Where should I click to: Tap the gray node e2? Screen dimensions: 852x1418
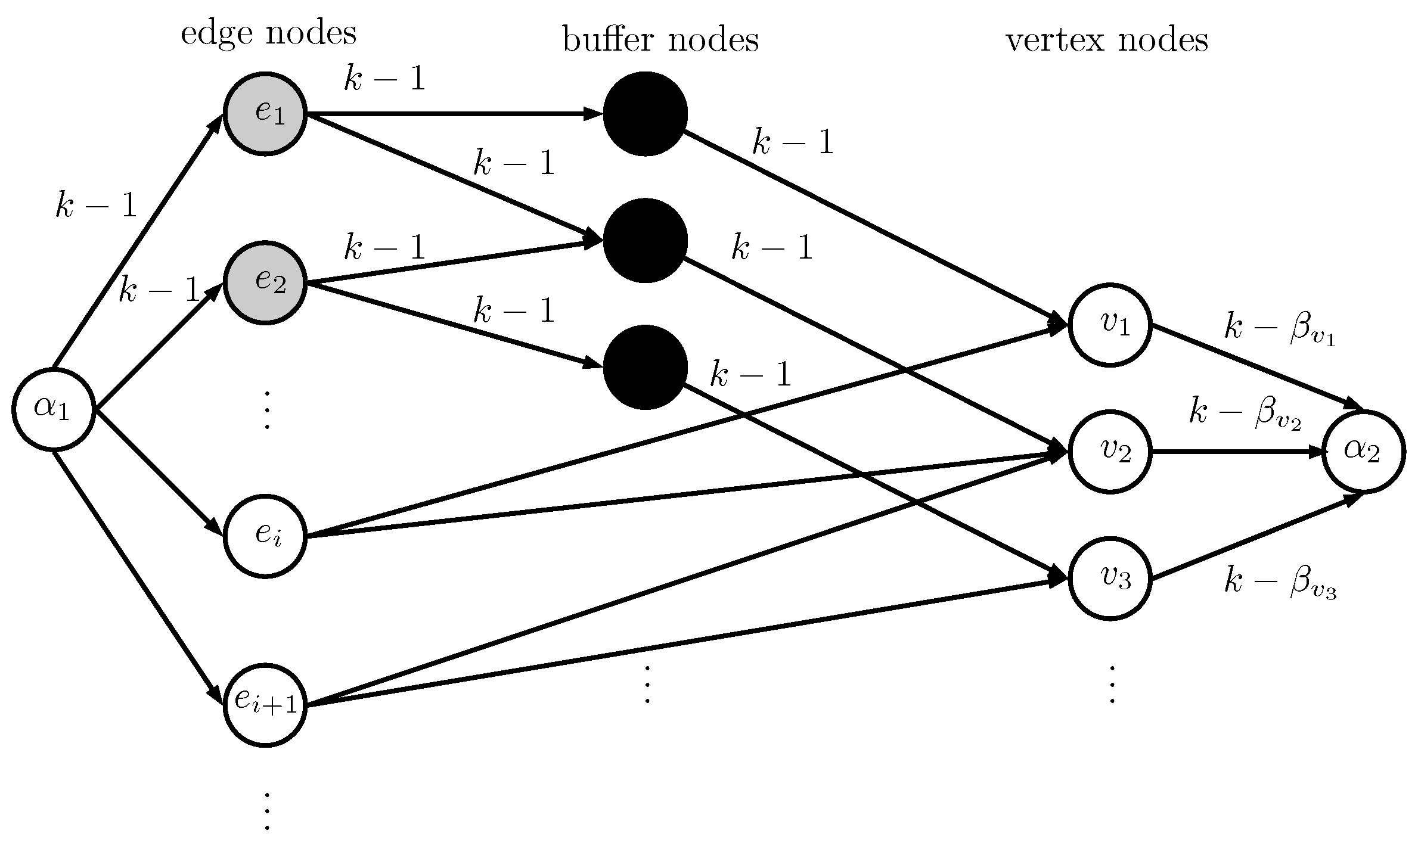pyautogui.click(x=265, y=282)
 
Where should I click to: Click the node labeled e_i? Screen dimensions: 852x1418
pyautogui.click(x=265, y=536)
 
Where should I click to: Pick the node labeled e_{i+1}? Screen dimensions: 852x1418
pyautogui.click(x=265, y=704)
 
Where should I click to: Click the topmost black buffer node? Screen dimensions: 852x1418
pyautogui.click(x=645, y=114)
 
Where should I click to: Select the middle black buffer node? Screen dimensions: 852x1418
pyautogui.click(x=645, y=241)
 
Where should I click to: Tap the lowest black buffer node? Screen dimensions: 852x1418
pyautogui.click(x=645, y=367)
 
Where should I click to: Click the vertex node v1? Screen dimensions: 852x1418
pyautogui.click(x=1109, y=325)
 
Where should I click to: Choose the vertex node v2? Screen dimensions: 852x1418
pyautogui.click(x=1109, y=452)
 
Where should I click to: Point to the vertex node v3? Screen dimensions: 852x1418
pyautogui.click(x=1109, y=579)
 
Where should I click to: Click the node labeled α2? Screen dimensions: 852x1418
pyautogui.click(x=1364, y=452)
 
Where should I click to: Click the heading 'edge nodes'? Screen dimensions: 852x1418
pyautogui.click(x=268, y=33)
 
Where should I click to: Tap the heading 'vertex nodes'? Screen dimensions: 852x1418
pyautogui.click(x=1107, y=41)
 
